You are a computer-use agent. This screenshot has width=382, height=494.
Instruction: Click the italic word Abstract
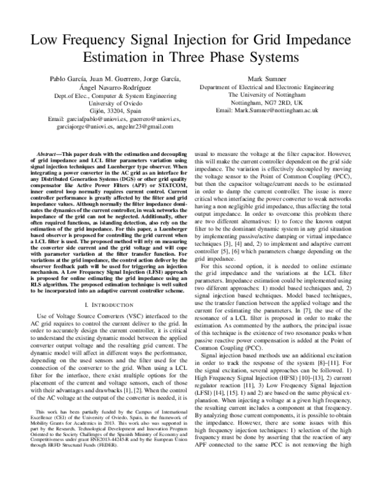pyautogui.click(x=48, y=154)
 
